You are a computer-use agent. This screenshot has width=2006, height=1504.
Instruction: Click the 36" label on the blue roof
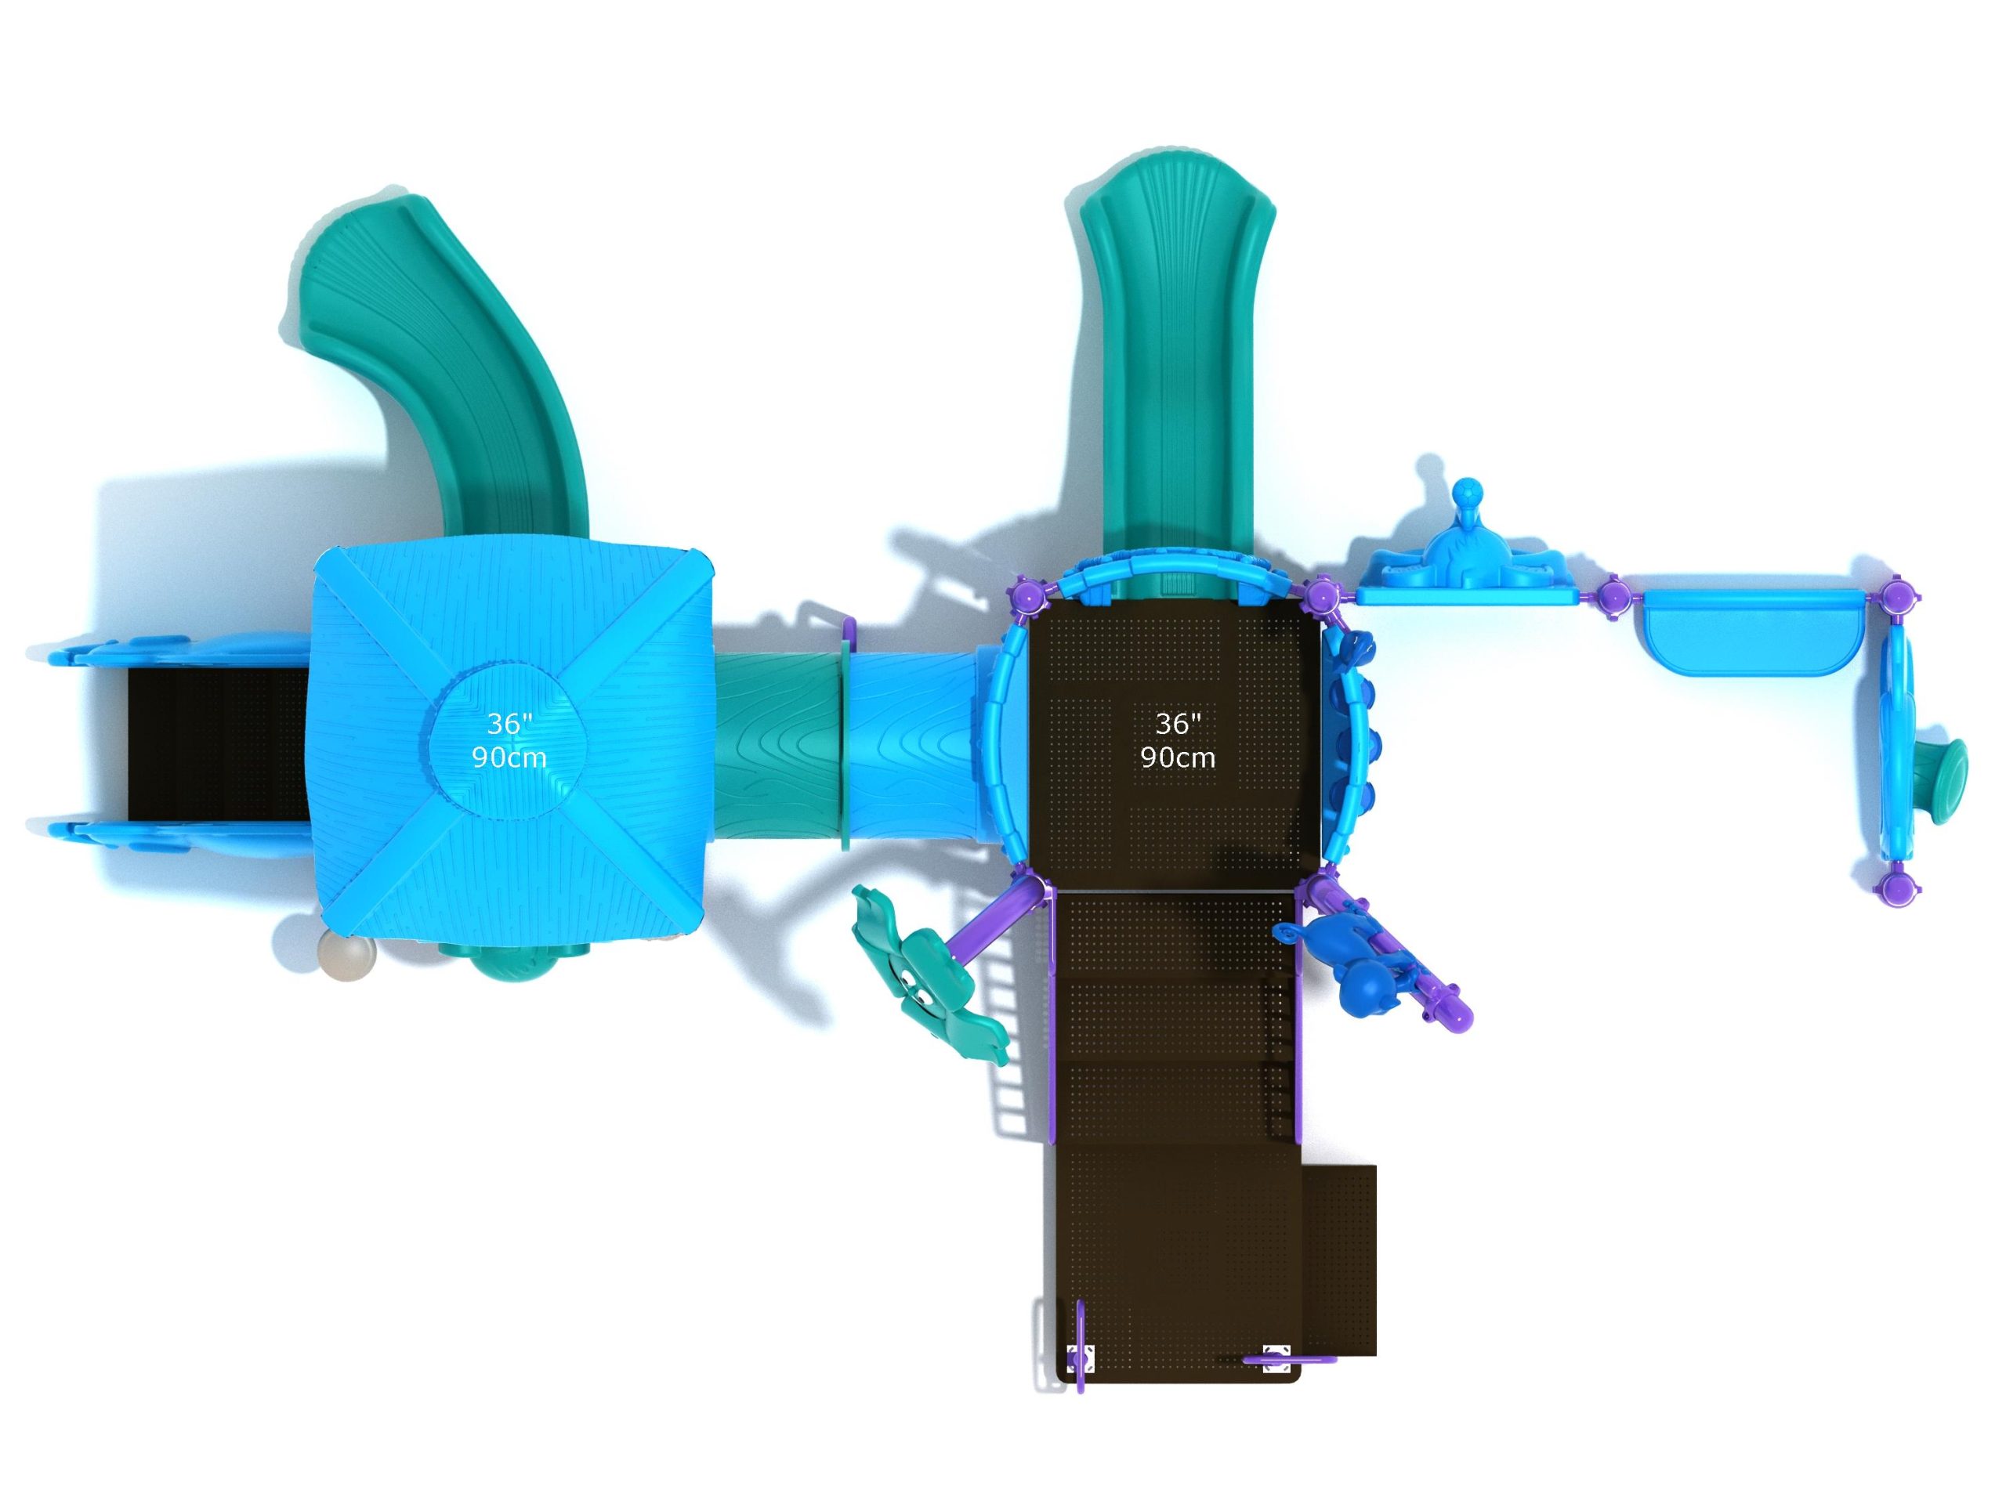tap(508, 724)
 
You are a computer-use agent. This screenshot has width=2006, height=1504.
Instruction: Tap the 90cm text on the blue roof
tap(509, 757)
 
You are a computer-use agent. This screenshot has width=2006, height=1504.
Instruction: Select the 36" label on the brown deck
tap(1178, 724)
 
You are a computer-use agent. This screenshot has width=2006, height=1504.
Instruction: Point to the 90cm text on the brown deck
tap(1178, 757)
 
